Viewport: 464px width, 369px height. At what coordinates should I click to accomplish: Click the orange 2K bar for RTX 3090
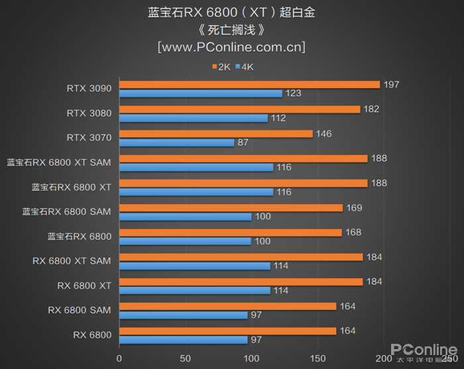[x=249, y=84]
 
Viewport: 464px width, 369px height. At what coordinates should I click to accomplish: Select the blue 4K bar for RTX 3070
[x=176, y=142]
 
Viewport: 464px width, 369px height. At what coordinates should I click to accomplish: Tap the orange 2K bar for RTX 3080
[x=239, y=109]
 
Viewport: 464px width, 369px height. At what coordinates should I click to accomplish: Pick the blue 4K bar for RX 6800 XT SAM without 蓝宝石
[x=194, y=266]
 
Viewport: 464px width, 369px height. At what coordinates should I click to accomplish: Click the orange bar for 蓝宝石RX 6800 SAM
[x=231, y=207]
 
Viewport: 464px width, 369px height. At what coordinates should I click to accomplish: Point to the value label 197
[x=391, y=84]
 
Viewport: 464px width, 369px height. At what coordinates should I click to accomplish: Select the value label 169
[x=354, y=207]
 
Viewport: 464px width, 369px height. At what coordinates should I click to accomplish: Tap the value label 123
[x=293, y=93]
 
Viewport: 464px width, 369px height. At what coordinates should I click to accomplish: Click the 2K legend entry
[x=221, y=67]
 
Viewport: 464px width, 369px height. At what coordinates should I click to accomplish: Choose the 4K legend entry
[x=244, y=67]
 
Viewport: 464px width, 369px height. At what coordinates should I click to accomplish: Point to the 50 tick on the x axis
[x=185, y=358]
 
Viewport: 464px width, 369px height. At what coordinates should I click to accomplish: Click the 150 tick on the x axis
[x=318, y=358]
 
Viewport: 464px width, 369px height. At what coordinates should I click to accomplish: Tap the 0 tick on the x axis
[x=119, y=358]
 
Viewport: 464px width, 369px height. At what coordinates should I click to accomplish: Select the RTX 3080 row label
[x=89, y=113]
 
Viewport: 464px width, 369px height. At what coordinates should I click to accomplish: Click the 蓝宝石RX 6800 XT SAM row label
[x=59, y=162]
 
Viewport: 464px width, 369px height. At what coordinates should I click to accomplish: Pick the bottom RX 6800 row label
[x=92, y=335]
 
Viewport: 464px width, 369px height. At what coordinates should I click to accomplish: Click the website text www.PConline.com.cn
[x=231, y=48]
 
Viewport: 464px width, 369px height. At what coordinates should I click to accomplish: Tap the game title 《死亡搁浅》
[x=231, y=30]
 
